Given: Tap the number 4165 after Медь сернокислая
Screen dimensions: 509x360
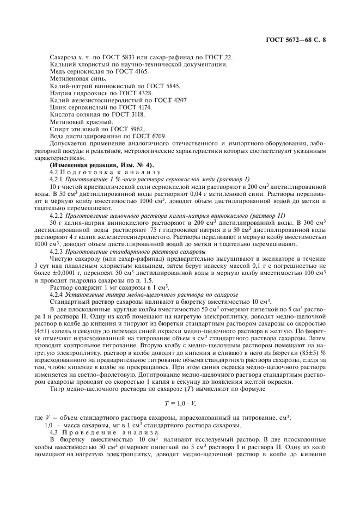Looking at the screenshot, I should [126, 72].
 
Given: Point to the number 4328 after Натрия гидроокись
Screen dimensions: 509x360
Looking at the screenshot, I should [133, 93].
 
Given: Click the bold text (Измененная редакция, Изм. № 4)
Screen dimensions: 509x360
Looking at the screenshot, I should [102, 164].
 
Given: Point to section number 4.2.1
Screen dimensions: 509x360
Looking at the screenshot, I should [57, 179].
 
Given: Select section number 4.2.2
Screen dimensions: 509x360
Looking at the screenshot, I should [57, 214].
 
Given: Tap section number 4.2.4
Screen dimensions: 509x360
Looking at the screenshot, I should [57, 293].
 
